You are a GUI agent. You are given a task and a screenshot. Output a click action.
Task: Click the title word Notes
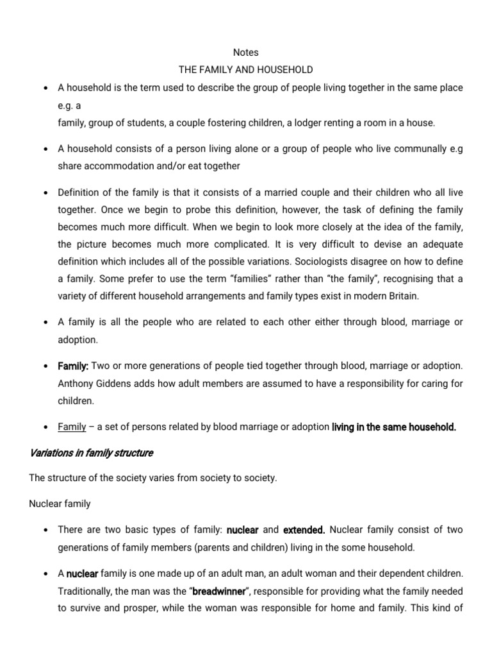(x=246, y=53)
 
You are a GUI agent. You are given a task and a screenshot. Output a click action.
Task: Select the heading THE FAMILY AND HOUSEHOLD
(x=246, y=70)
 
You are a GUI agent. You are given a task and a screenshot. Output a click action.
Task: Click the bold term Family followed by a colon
(x=73, y=366)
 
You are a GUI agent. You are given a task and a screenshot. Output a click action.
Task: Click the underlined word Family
(x=72, y=427)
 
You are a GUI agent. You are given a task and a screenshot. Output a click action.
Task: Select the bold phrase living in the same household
(x=393, y=427)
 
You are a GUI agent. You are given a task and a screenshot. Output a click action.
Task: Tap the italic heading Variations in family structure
(x=92, y=453)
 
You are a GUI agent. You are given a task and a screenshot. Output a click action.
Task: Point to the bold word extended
(x=304, y=531)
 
